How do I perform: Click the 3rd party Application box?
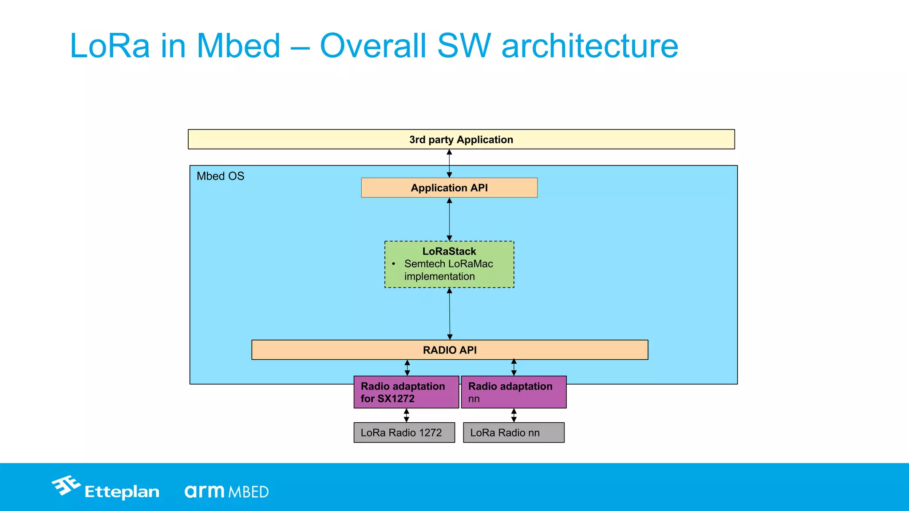461,139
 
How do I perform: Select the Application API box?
449,188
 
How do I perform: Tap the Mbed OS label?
220,176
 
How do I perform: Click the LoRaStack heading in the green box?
449,251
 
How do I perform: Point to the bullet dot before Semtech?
394,264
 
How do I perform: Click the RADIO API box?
450,350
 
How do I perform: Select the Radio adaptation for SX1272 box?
406,392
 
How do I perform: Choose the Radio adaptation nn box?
514,392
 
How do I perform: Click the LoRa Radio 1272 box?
404,432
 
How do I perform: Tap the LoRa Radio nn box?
514,432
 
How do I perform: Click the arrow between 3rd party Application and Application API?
449,163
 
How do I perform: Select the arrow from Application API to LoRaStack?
449,219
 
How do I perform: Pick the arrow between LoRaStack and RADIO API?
450,314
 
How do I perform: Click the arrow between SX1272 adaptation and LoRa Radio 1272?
406,415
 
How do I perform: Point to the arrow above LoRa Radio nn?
514,415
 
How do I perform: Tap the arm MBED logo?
226,491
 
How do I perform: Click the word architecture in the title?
589,46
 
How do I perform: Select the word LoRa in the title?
110,46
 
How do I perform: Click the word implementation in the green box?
439,276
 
